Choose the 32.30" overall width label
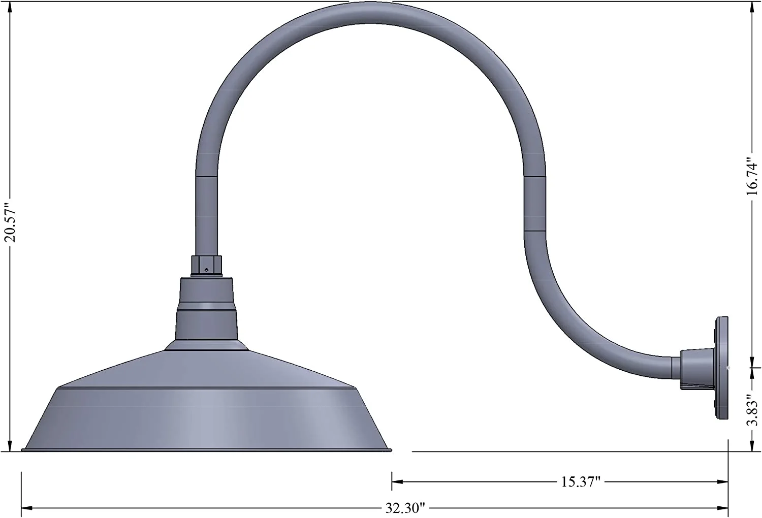pos(404,508)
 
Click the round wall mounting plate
pos(722,368)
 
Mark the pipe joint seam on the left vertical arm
pos(207,176)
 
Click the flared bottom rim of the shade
pos(207,449)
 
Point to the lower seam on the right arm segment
pos(534,231)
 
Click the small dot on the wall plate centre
pos(728,367)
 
